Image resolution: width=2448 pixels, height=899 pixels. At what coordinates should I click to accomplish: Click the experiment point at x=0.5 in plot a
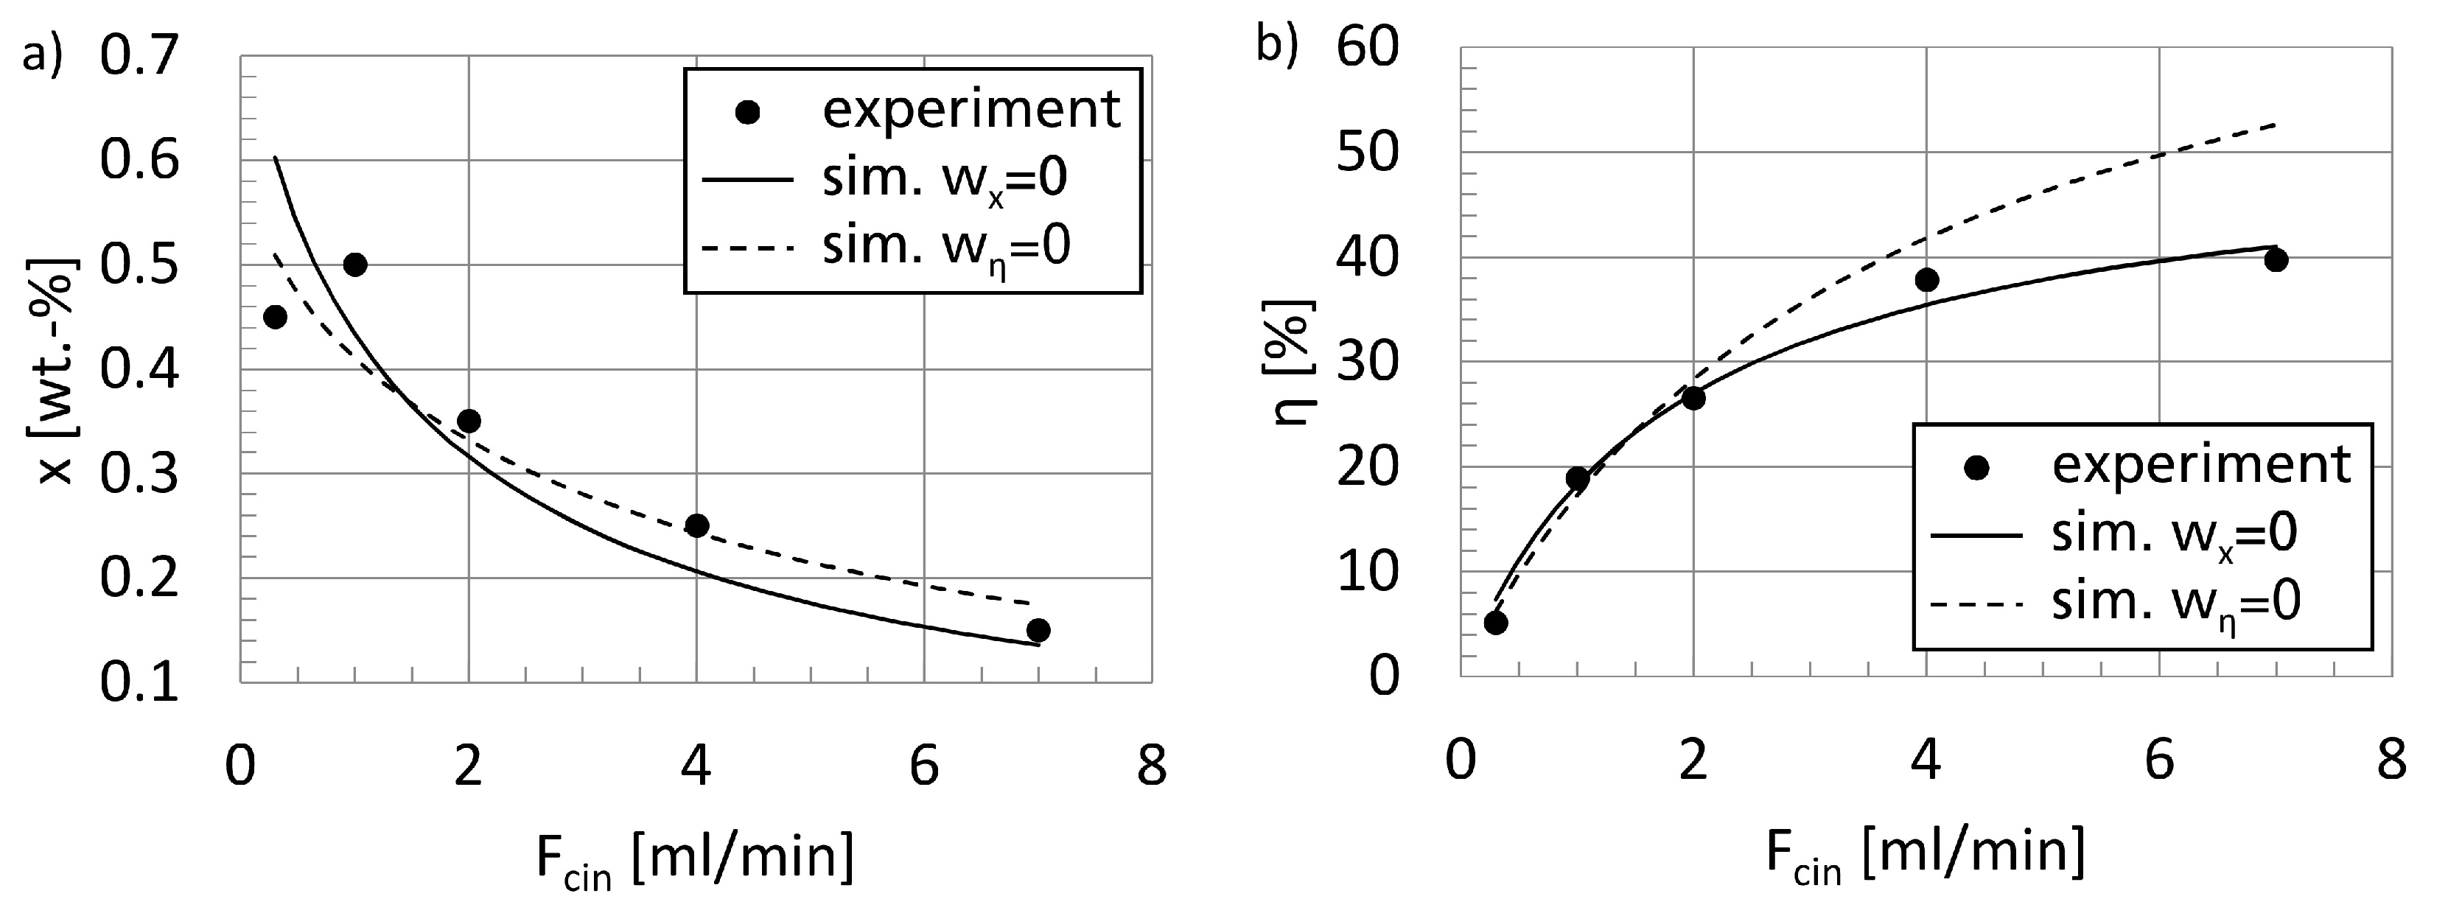coord(354,265)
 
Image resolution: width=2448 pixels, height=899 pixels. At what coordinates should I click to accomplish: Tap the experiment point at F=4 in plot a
coord(696,525)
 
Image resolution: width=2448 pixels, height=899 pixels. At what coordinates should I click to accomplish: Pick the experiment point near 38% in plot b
coord(1926,279)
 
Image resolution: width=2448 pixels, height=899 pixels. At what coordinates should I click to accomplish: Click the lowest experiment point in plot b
coord(1496,623)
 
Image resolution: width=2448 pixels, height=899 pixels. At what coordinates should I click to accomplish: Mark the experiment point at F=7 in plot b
coord(2276,259)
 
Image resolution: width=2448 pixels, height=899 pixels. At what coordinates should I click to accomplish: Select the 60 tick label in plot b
coord(1368,47)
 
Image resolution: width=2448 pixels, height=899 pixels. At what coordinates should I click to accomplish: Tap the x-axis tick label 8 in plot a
coord(1152,766)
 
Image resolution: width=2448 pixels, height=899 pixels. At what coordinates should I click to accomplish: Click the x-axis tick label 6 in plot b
coord(2159,760)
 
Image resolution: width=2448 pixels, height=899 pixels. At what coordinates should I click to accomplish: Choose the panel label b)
coord(1276,46)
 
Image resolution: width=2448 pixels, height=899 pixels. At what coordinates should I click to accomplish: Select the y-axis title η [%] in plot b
coord(1294,361)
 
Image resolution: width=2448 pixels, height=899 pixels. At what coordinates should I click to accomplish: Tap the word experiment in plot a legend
coord(971,111)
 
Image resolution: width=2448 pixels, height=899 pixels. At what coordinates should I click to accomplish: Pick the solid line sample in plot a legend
coord(747,178)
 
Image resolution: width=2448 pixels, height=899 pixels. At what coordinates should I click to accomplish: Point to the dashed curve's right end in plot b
coord(2275,125)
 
